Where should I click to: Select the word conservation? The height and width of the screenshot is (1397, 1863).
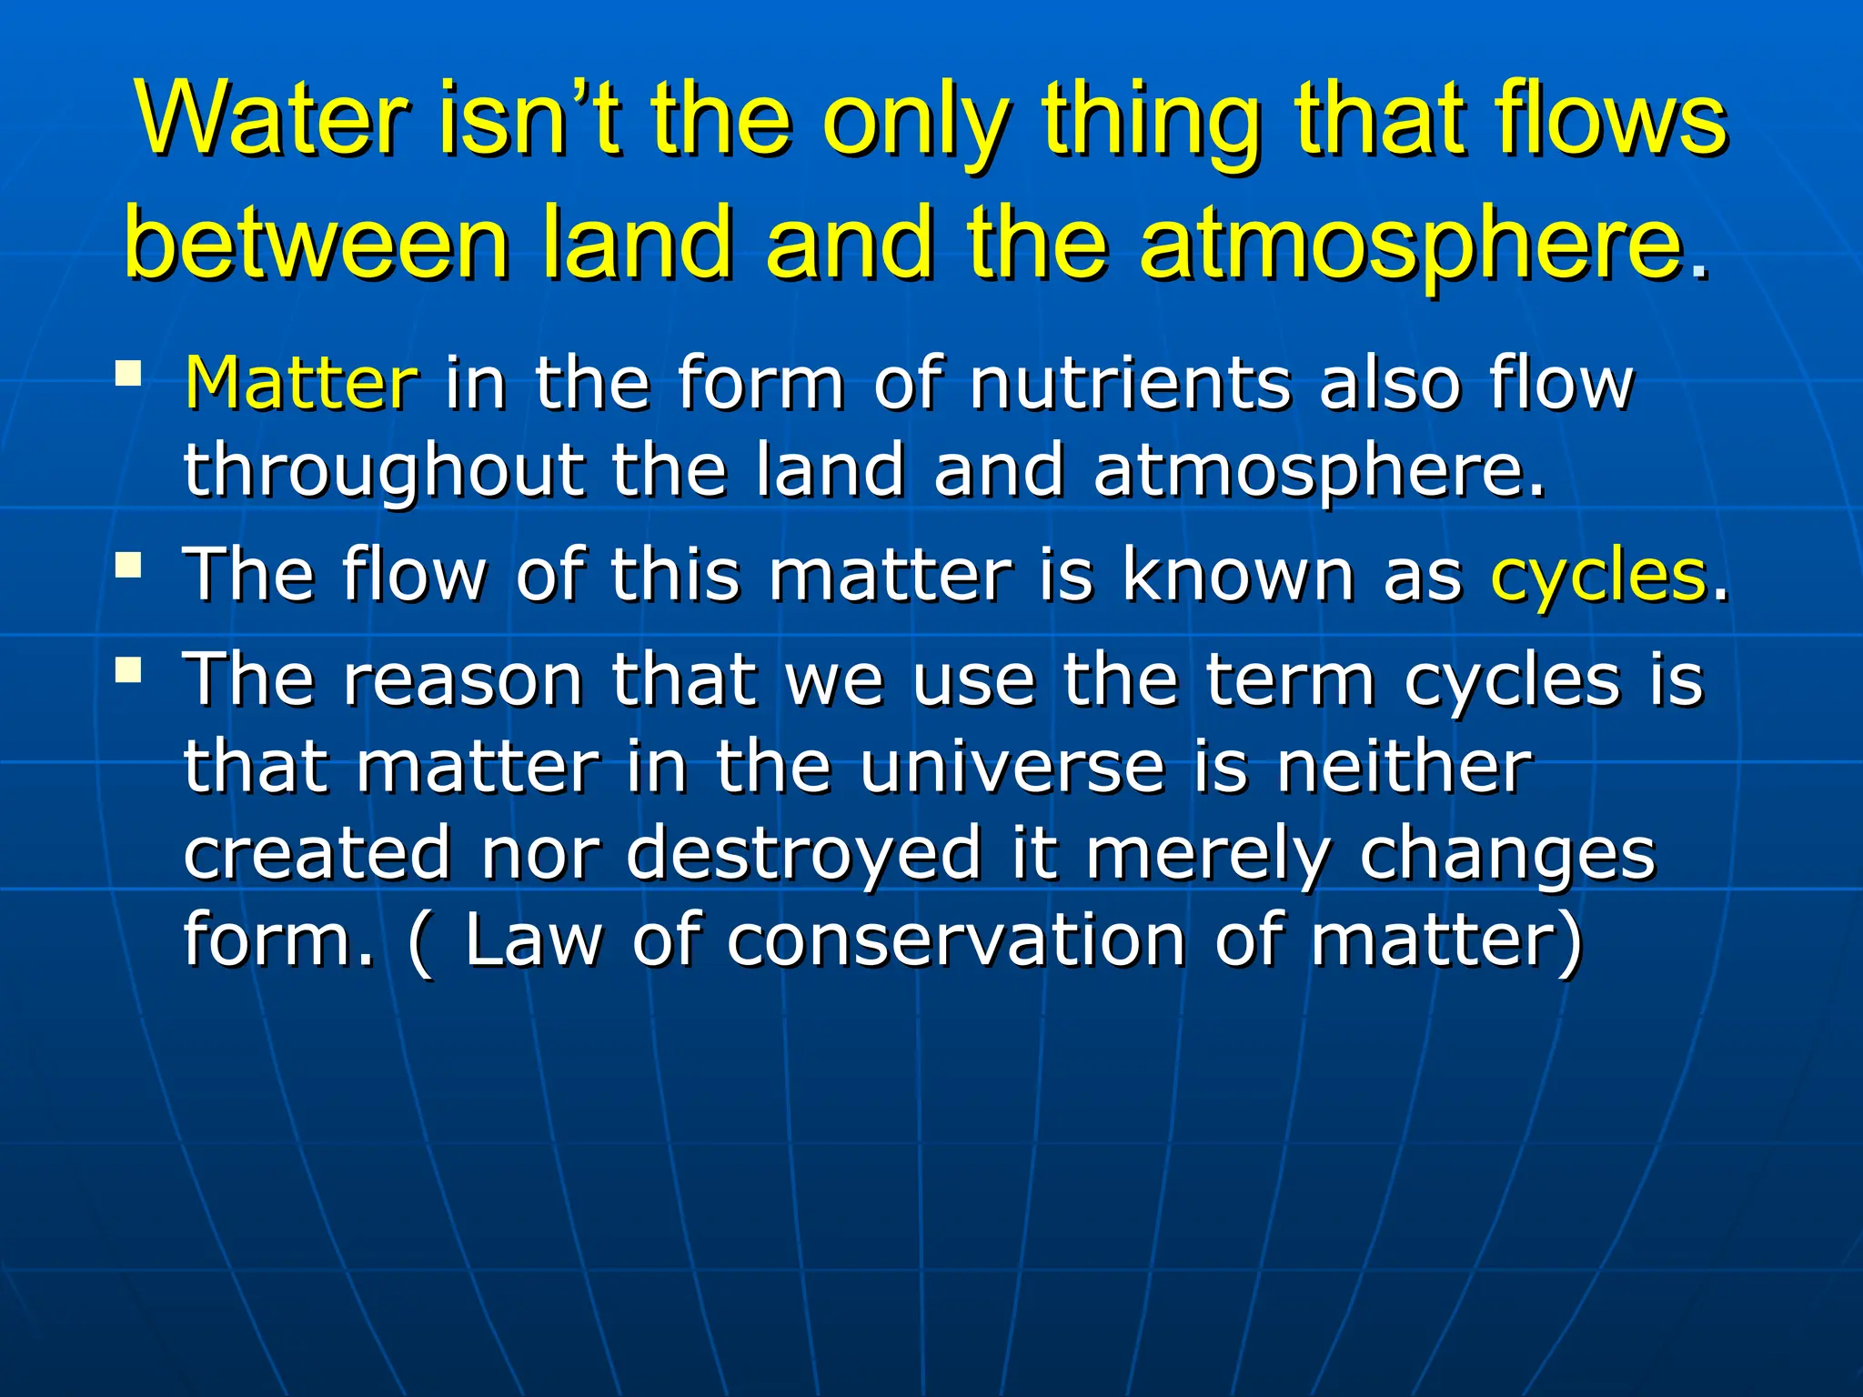[956, 940]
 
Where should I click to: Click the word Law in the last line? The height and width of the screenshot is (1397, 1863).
[533, 940]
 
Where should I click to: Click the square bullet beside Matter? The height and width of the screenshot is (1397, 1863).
[129, 373]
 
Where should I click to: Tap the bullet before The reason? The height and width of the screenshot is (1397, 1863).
[129, 671]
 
